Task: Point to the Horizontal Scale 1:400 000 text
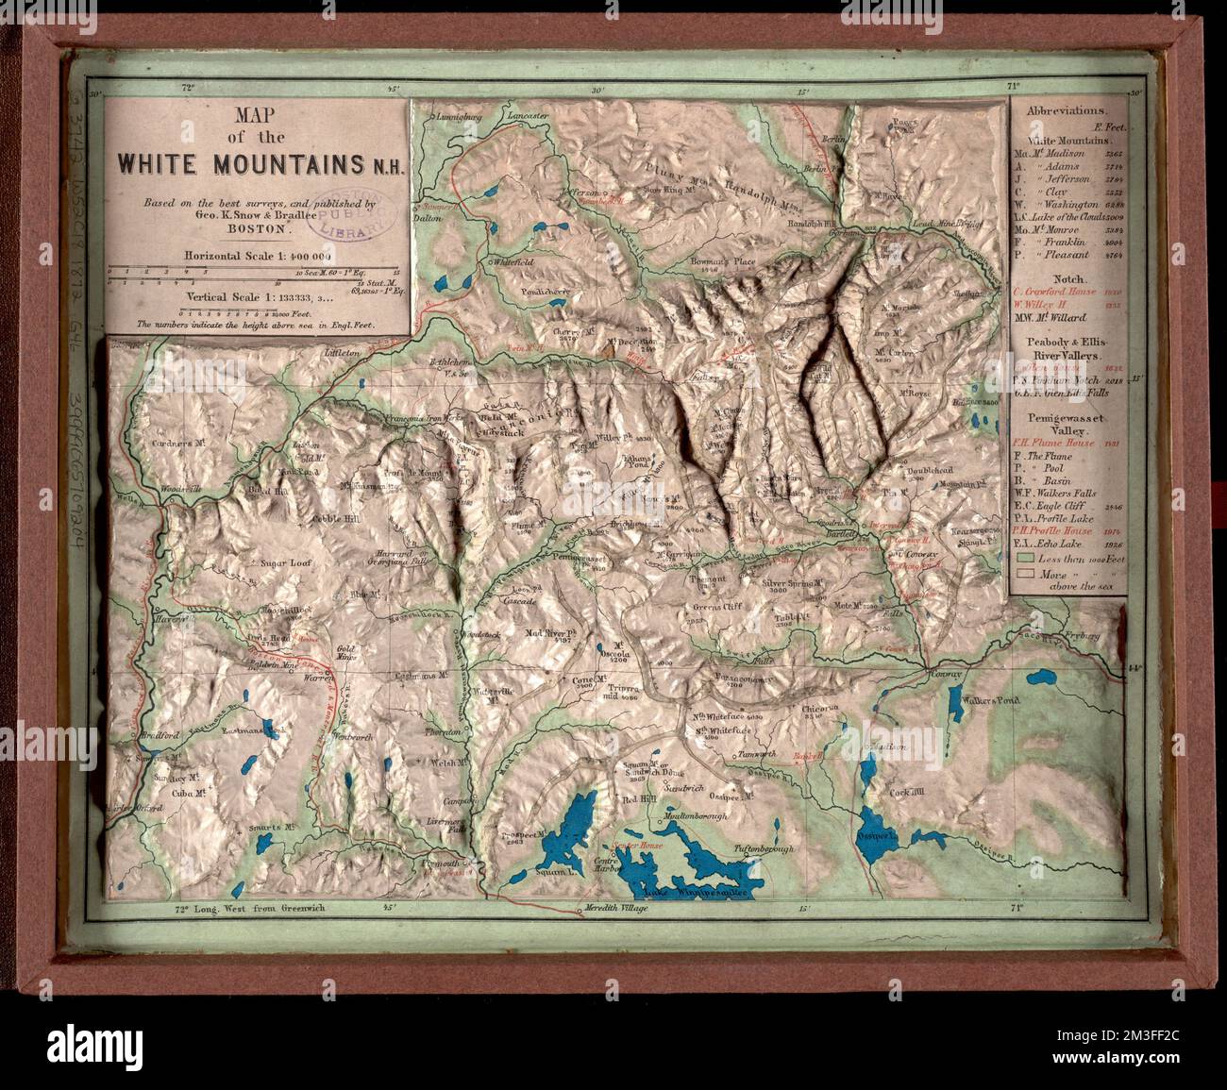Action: pos(258,256)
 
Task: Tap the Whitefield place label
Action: pos(513,260)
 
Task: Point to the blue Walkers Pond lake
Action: pos(968,704)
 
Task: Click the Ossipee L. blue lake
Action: pos(875,837)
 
